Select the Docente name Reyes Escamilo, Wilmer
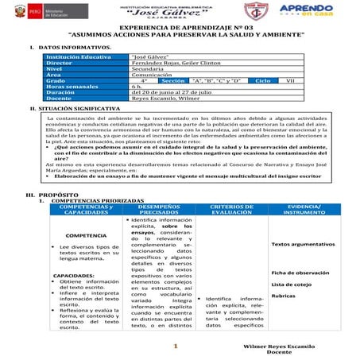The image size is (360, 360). pos(164,107)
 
